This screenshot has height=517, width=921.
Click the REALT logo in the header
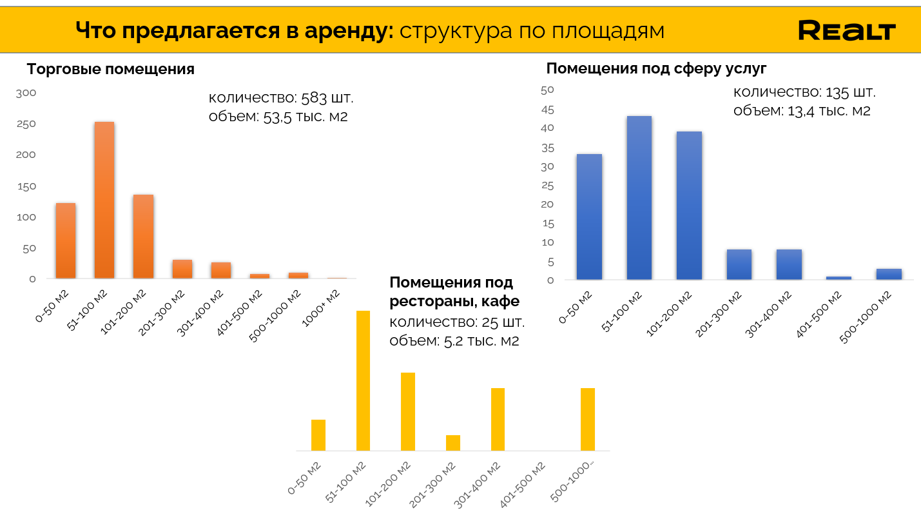coord(846,30)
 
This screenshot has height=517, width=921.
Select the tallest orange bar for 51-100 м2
coord(104,200)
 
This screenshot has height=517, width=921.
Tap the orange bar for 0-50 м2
coord(66,241)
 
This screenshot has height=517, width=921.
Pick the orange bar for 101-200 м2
coord(143,237)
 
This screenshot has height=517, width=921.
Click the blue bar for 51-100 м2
coord(639,198)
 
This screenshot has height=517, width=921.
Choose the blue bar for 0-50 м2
coord(589,217)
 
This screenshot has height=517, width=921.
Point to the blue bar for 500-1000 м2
coord(889,275)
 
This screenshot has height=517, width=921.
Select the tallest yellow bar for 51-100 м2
coord(364,380)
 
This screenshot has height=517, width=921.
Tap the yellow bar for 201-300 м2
coord(453,443)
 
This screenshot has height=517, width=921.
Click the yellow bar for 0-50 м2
coord(318,435)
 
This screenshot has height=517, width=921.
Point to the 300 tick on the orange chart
coord(26,93)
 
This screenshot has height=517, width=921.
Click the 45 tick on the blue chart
coord(548,110)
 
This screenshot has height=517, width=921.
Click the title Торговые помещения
coord(110,70)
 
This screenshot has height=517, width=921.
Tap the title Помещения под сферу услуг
coord(656,69)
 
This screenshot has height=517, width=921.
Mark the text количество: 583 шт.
coord(281,99)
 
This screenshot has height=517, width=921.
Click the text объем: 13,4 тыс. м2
coord(802,111)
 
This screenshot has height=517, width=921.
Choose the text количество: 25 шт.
coord(457,322)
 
